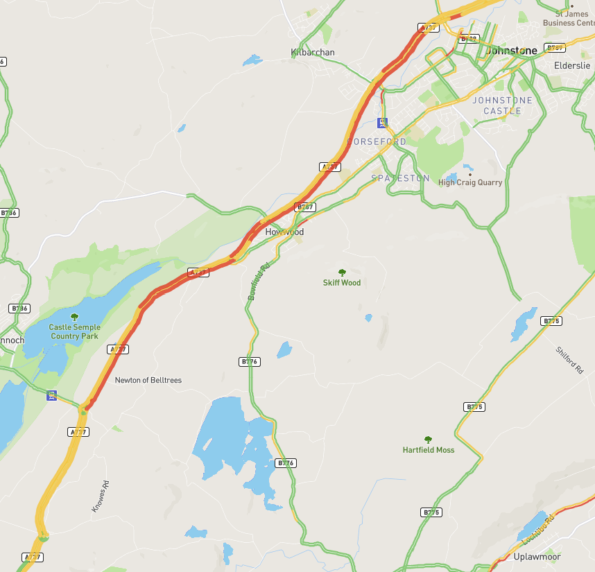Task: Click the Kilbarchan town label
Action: (x=312, y=53)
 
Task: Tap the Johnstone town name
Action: (x=511, y=51)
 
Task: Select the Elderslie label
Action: (x=571, y=66)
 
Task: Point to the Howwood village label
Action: (x=284, y=232)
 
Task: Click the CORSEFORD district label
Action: (x=377, y=141)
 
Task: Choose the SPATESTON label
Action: (x=400, y=178)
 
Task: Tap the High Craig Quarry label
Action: (x=469, y=182)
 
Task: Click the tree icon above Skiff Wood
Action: (x=341, y=272)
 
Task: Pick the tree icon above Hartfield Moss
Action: (x=428, y=440)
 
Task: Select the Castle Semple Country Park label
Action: (x=74, y=331)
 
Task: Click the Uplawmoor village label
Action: (x=537, y=557)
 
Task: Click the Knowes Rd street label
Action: (x=101, y=496)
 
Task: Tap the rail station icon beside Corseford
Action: (x=381, y=123)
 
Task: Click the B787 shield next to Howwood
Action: (x=304, y=207)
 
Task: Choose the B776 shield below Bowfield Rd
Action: (x=250, y=362)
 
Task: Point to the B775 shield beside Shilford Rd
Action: (x=551, y=321)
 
